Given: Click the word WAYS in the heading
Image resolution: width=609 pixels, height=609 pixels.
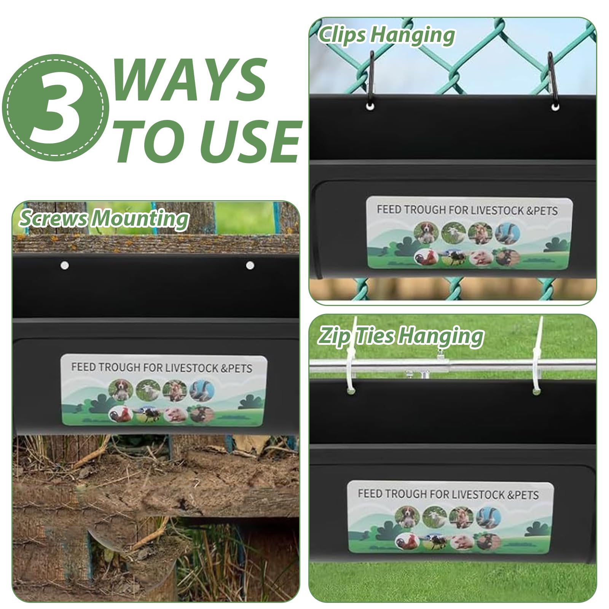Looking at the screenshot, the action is click(189, 80).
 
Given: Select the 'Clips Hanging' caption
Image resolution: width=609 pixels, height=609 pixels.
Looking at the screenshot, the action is click(386, 35).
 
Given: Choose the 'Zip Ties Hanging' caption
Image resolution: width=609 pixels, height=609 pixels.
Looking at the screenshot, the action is click(401, 336).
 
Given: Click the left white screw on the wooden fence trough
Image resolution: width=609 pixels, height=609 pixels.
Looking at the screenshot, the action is click(65, 265).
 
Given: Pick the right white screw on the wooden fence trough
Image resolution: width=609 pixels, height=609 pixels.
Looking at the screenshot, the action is click(250, 265).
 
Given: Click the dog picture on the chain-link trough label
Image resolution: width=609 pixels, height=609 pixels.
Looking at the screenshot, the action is click(426, 232).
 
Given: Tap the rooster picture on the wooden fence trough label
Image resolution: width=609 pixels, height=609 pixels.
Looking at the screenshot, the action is click(121, 414).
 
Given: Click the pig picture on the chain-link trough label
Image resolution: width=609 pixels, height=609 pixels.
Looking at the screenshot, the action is click(481, 258).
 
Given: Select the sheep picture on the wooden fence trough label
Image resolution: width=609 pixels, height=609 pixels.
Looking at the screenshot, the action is click(148, 391).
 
